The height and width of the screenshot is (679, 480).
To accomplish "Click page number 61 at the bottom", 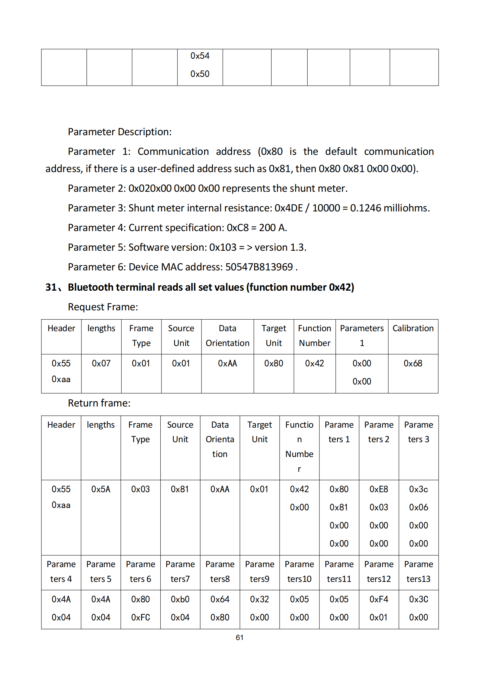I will click(240, 637).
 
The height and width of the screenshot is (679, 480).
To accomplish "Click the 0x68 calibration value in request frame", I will click(413, 363).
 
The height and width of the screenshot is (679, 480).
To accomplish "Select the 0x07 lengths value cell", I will click(101, 363).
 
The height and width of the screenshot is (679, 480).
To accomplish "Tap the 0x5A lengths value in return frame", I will click(101, 489).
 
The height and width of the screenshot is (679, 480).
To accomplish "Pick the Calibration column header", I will click(413, 328).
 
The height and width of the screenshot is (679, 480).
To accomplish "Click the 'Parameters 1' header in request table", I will click(362, 335).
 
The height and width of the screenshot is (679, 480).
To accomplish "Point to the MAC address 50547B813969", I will click(259, 267).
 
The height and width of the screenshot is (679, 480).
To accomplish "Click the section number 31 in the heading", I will click(51, 287).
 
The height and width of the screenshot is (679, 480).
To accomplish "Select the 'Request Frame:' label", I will click(103, 307).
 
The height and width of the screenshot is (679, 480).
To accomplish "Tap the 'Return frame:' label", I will click(99, 403).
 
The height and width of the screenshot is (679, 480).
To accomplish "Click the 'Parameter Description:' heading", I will click(119, 132).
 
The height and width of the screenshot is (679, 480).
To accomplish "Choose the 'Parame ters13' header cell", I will click(418, 571).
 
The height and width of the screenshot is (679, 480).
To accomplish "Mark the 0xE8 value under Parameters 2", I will click(379, 489).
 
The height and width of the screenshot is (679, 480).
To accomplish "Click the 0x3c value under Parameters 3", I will click(418, 489).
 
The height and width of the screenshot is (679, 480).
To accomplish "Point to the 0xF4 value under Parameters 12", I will click(379, 599).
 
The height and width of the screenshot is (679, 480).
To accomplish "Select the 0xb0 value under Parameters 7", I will click(180, 599).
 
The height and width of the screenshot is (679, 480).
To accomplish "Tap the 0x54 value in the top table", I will click(200, 56).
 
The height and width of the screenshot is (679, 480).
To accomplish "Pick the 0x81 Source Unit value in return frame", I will click(180, 489).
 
